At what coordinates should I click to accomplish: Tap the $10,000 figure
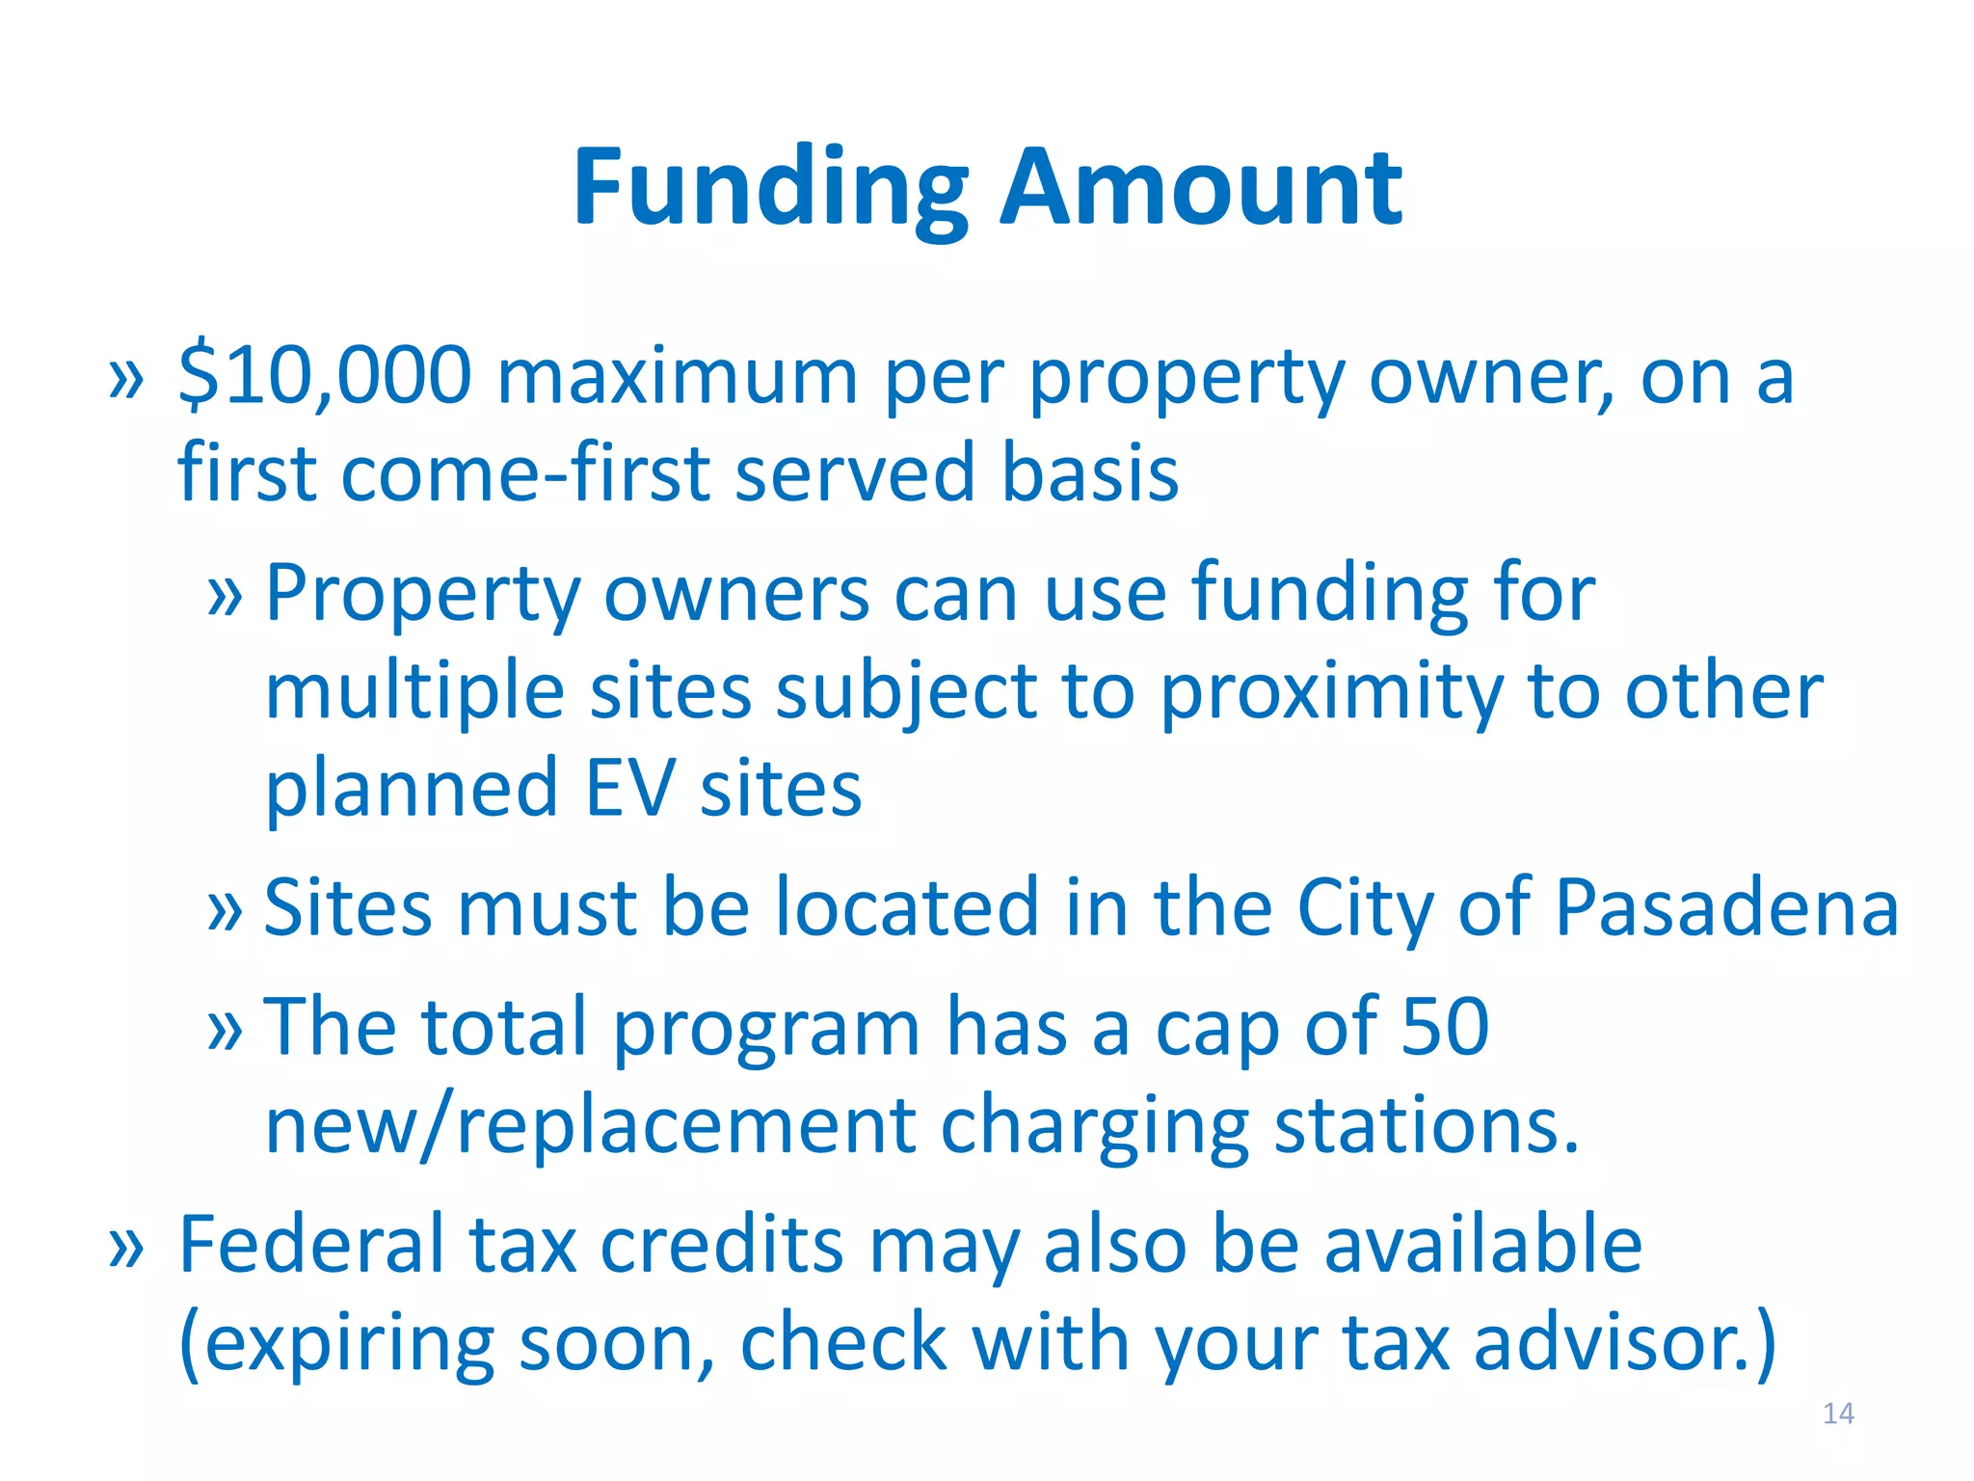[325, 376]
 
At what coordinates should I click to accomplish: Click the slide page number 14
[1838, 1414]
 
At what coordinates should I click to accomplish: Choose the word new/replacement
[590, 1125]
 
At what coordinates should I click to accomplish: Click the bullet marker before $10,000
[126, 378]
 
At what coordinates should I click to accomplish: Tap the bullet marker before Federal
[126, 1247]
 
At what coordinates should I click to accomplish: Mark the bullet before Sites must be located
[225, 910]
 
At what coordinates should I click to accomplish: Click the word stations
[1427, 1125]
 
